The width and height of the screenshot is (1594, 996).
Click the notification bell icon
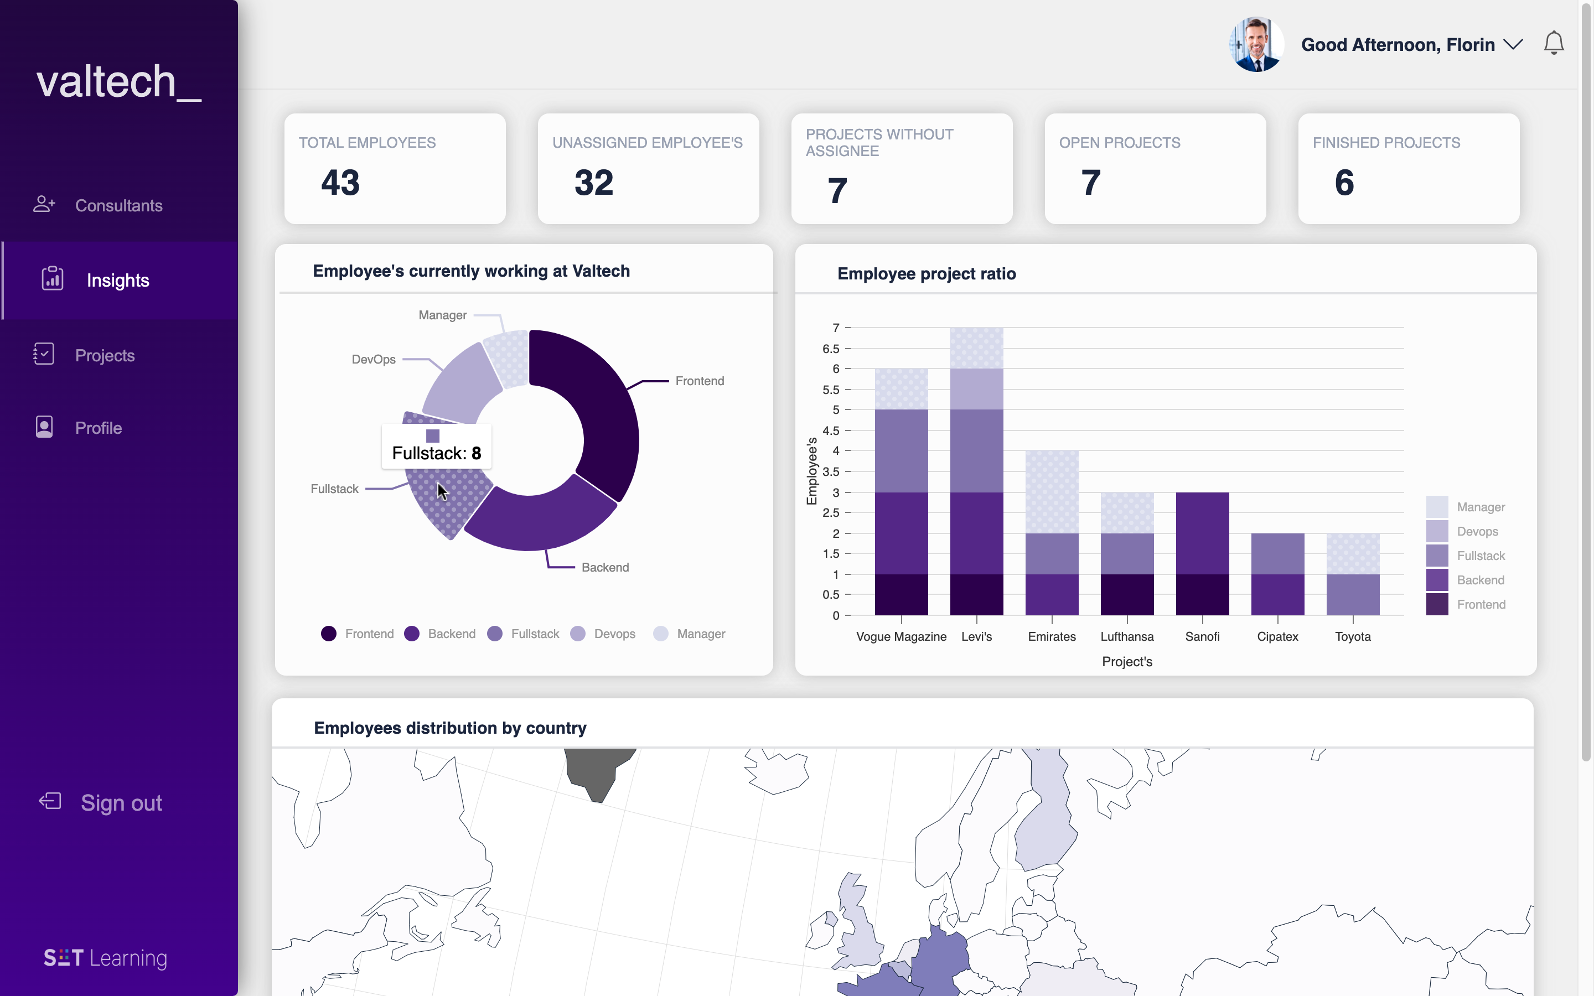(1553, 44)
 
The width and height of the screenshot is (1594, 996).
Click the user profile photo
(1255, 44)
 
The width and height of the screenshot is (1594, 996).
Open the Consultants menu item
(118, 205)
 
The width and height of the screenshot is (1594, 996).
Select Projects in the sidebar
(105, 356)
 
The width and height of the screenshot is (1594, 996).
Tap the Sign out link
(121, 803)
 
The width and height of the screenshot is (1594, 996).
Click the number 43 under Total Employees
(340, 183)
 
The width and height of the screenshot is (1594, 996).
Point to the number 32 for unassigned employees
(593, 183)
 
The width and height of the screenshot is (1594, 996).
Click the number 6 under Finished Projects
(1344, 183)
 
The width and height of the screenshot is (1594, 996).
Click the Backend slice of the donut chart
(540, 520)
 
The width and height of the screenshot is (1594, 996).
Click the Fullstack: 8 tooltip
(437, 453)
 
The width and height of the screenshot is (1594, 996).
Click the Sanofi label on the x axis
(1202, 636)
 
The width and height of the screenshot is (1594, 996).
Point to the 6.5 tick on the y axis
(831, 349)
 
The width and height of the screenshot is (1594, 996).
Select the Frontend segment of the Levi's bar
(976, 594)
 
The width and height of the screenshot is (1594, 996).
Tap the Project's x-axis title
(1127, 661)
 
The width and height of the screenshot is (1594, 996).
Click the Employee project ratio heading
(926, 273)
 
